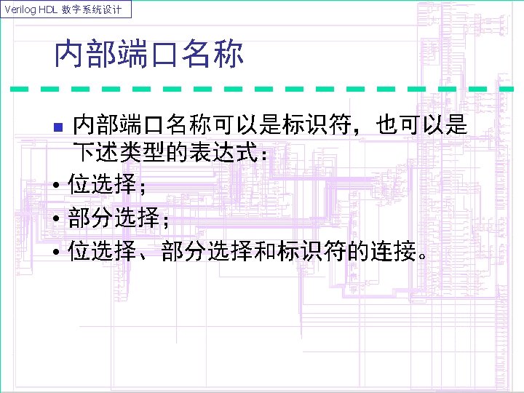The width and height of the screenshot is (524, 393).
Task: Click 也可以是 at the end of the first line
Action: pos(422,125)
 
